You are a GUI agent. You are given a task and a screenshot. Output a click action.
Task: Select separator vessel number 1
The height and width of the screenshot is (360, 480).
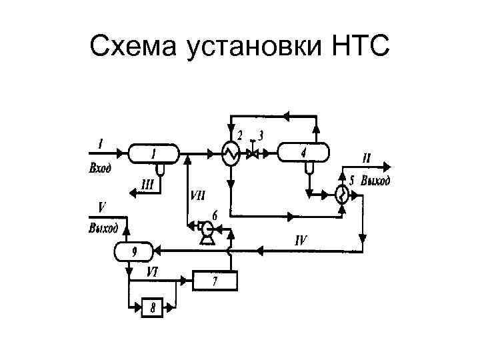153,153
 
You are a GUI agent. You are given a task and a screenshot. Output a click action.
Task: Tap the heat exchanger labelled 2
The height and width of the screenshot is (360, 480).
231,153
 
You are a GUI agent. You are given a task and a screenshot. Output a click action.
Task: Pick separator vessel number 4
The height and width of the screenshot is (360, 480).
304,153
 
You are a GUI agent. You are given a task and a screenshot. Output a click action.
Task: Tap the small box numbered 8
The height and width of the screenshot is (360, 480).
153,307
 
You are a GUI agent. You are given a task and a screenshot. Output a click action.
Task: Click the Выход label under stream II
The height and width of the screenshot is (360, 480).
375,180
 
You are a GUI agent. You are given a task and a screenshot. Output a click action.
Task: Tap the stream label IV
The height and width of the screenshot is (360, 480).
299,240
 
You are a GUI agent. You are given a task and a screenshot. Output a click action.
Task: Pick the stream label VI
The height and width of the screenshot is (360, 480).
153,271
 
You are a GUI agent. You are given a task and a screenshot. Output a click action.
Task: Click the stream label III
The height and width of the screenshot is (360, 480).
147,183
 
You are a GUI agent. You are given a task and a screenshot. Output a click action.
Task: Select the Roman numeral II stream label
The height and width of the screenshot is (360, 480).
367,159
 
